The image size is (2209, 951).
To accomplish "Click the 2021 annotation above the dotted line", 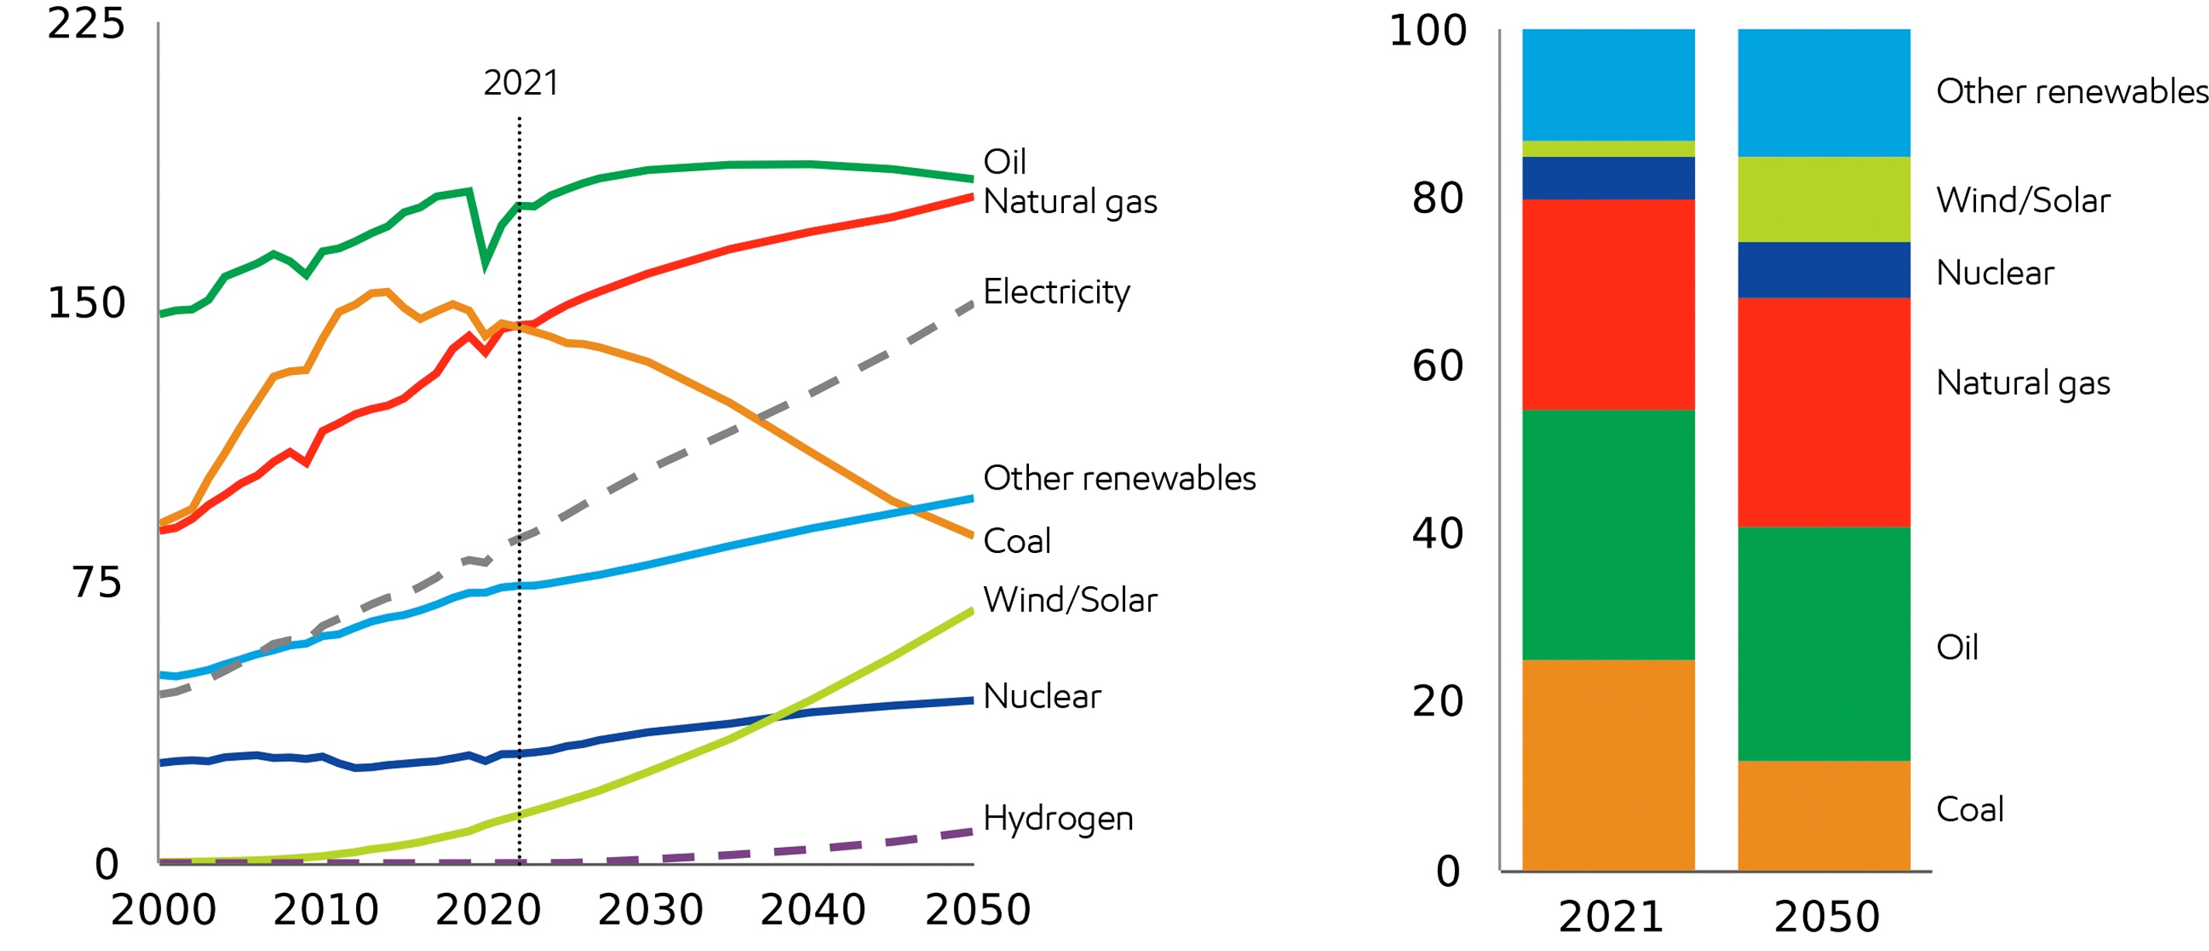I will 520,83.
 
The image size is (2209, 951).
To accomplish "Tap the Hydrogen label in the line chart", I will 1058,818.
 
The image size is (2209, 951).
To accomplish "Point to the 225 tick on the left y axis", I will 86,23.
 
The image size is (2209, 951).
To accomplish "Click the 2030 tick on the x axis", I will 650,910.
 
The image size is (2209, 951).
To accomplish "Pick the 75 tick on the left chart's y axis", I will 97,583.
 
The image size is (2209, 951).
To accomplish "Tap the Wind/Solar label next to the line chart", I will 1069,599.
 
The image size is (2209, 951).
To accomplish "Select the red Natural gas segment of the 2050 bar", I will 1823,412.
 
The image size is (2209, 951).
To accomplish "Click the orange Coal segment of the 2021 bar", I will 1608,765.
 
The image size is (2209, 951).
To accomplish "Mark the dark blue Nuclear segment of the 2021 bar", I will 1608,178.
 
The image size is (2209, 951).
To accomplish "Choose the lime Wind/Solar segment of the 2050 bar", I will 1823,199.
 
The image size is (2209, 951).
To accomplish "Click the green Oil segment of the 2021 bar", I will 1608,534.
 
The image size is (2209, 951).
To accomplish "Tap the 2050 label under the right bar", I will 1827,917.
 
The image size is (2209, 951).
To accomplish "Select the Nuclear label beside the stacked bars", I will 1995,273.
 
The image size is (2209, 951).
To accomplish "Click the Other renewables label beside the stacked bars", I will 2071,91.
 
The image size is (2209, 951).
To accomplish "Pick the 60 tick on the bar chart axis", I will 1438,366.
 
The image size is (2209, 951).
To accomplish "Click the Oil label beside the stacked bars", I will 1957,647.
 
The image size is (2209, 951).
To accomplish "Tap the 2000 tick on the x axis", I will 163,910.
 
